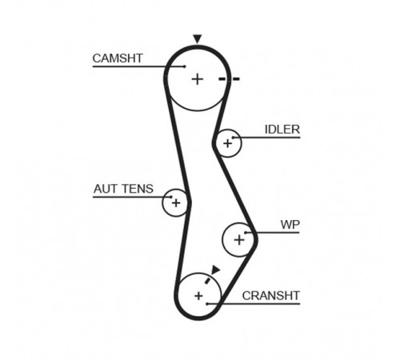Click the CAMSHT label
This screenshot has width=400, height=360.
118,58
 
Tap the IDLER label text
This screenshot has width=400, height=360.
282,130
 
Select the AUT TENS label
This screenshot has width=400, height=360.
123,189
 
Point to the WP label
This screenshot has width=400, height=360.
290,225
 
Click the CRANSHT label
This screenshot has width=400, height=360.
271,295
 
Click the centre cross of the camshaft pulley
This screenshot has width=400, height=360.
198,79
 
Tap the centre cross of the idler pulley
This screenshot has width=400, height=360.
227,143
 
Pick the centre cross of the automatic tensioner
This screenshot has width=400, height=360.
176,203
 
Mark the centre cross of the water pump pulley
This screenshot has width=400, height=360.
239,240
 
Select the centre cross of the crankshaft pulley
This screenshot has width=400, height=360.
198,296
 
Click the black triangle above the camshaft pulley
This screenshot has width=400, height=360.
198,38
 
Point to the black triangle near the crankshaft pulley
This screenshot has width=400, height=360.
215,270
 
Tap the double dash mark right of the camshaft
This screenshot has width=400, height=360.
229,78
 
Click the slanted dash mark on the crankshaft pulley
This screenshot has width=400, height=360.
207,280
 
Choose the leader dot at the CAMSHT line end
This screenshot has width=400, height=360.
185,66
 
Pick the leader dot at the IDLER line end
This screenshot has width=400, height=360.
233,138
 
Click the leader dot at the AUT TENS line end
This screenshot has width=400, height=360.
171,197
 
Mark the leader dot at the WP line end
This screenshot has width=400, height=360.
246,233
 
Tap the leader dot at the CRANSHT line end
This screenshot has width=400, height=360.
207,304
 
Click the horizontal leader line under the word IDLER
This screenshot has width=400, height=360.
266,138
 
